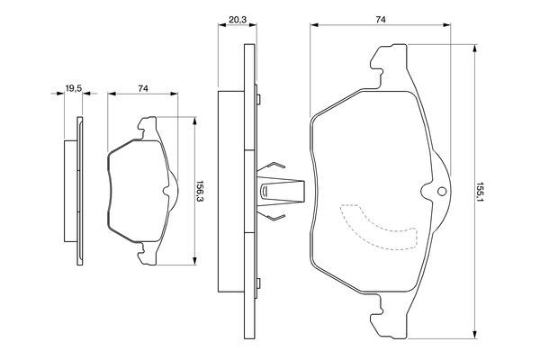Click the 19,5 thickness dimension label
click(x=74, y=88)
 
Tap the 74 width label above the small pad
click(x=143, y=88)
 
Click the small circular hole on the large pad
click(x=440, y=192)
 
